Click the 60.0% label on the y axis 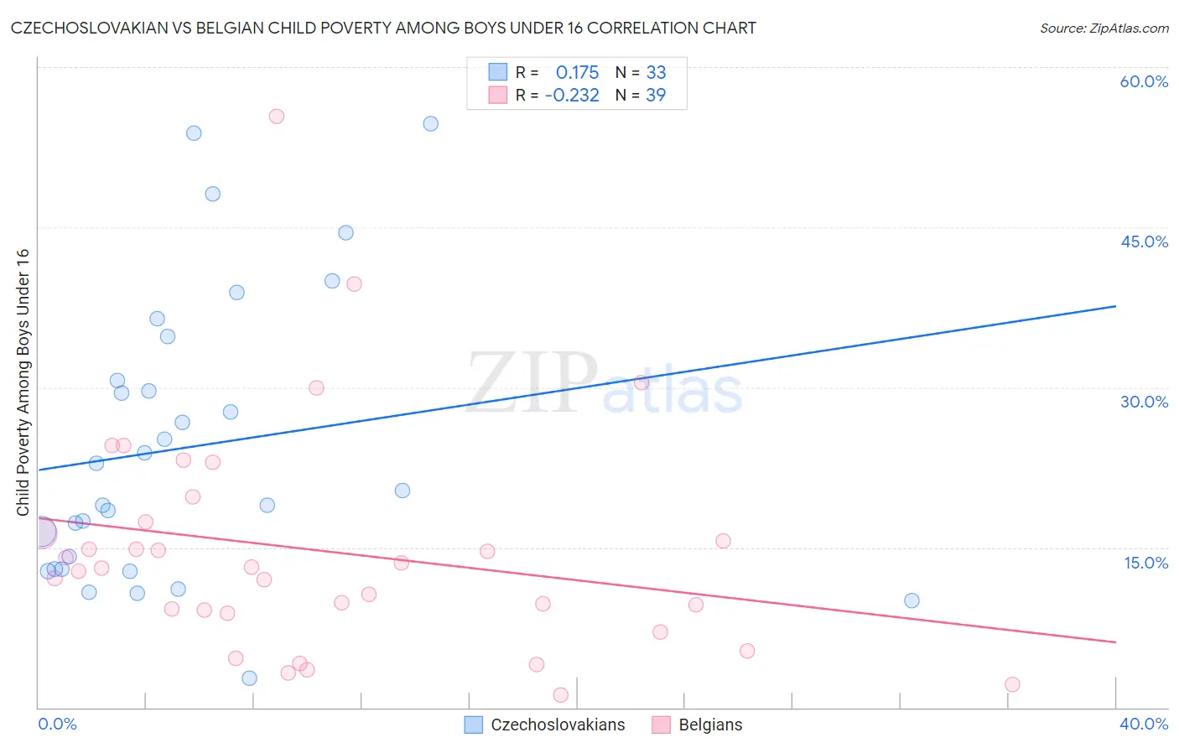coord(1144,81)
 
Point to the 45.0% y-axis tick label coord(1144,242)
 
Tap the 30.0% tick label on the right coord(1144,402)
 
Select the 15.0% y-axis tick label coord(1145,563)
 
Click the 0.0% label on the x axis coord(57,724)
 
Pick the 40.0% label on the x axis coord(1143,724)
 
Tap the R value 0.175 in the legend coord(577,72)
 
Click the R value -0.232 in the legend coord(572,96)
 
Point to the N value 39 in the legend coord(656,96)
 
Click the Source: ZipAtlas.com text coord(1104,29)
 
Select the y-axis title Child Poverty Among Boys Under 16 coord(23,382)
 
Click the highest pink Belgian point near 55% coord(277,117)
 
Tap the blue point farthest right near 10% coord(912,600)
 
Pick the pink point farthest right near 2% coord(1012,684)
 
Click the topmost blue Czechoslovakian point coord(430,123)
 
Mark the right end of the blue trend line coord(1115,306)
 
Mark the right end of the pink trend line coord(1115,642)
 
